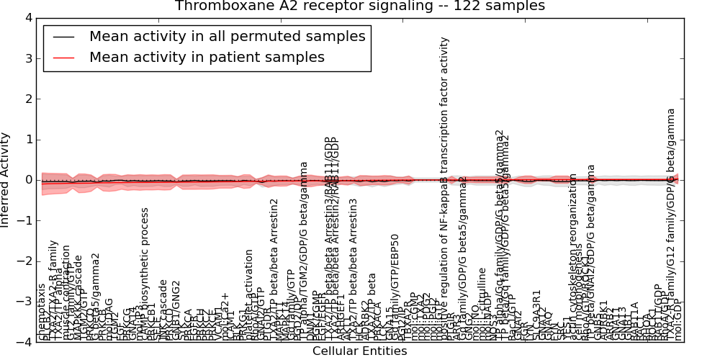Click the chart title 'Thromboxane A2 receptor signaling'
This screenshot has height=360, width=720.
point(360,6)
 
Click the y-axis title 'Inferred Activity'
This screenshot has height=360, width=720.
point(6,180)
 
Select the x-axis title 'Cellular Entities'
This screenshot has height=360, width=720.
point(359,351)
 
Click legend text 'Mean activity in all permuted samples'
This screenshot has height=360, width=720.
point(227,37)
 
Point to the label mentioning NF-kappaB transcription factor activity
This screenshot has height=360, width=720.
point(444,187)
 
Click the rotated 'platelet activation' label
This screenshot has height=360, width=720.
point(249,294)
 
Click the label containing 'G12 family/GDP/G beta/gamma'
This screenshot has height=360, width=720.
point(671,223)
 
